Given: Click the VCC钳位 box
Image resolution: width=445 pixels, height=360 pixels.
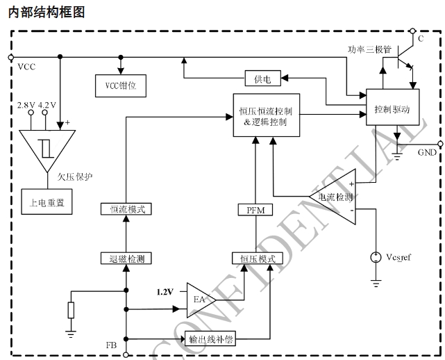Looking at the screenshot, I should click(120, 85).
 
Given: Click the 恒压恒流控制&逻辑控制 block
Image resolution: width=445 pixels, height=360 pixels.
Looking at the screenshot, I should click(266, 115).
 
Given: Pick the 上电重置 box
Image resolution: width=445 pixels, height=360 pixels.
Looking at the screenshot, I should click(47, 204).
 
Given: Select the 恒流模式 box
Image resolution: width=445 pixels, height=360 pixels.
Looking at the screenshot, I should click(126, 208).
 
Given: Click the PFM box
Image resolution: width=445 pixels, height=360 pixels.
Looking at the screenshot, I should click(255, 210).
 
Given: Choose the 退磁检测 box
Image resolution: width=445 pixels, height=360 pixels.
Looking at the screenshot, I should click(126, 259).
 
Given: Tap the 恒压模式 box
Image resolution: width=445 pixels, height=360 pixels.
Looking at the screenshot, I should click(258, 259).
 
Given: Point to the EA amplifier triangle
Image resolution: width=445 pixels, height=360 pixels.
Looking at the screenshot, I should click(196, 299).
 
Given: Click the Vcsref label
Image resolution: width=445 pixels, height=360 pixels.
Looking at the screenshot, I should click(398, 258).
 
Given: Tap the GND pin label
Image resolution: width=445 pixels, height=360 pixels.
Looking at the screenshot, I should click(427, 152).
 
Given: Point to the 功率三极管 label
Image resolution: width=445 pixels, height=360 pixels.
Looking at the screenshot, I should click(370, 49).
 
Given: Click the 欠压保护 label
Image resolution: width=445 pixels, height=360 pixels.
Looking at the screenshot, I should click(76, 177).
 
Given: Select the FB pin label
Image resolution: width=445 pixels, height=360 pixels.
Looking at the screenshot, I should click(111, 345).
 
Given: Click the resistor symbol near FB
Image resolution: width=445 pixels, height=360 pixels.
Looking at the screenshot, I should click(70, 309).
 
